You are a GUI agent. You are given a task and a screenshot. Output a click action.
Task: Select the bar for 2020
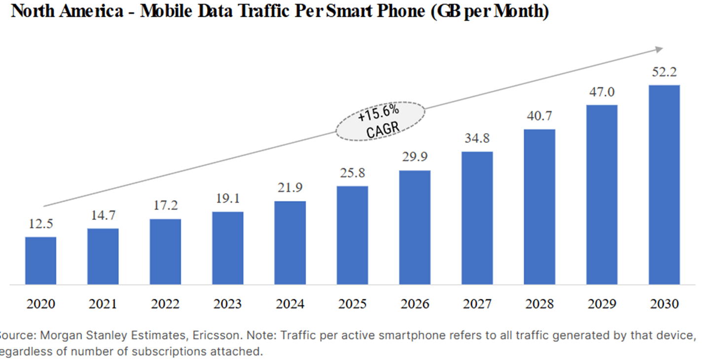coord(41,260)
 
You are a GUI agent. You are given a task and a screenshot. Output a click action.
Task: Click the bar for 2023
coord(228,248)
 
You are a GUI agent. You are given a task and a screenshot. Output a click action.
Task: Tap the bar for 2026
coord(415,227)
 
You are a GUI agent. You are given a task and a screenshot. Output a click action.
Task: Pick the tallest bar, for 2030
coord(664,184)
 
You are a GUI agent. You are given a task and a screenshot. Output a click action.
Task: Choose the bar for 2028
coord(539,207)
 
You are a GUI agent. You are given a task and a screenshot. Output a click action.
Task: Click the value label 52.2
coord(664,72)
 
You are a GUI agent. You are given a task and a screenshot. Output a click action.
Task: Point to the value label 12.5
coord(41,224)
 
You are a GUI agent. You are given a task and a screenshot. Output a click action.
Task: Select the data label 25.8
coord(353,174)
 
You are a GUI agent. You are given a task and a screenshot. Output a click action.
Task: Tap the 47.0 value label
coord(602,92)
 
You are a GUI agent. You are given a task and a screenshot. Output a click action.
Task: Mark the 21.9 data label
coord(290,188)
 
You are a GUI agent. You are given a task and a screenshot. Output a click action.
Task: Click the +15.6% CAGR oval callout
coord(380,121)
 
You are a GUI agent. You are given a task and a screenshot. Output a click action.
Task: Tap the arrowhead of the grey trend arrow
coord(659,49)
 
